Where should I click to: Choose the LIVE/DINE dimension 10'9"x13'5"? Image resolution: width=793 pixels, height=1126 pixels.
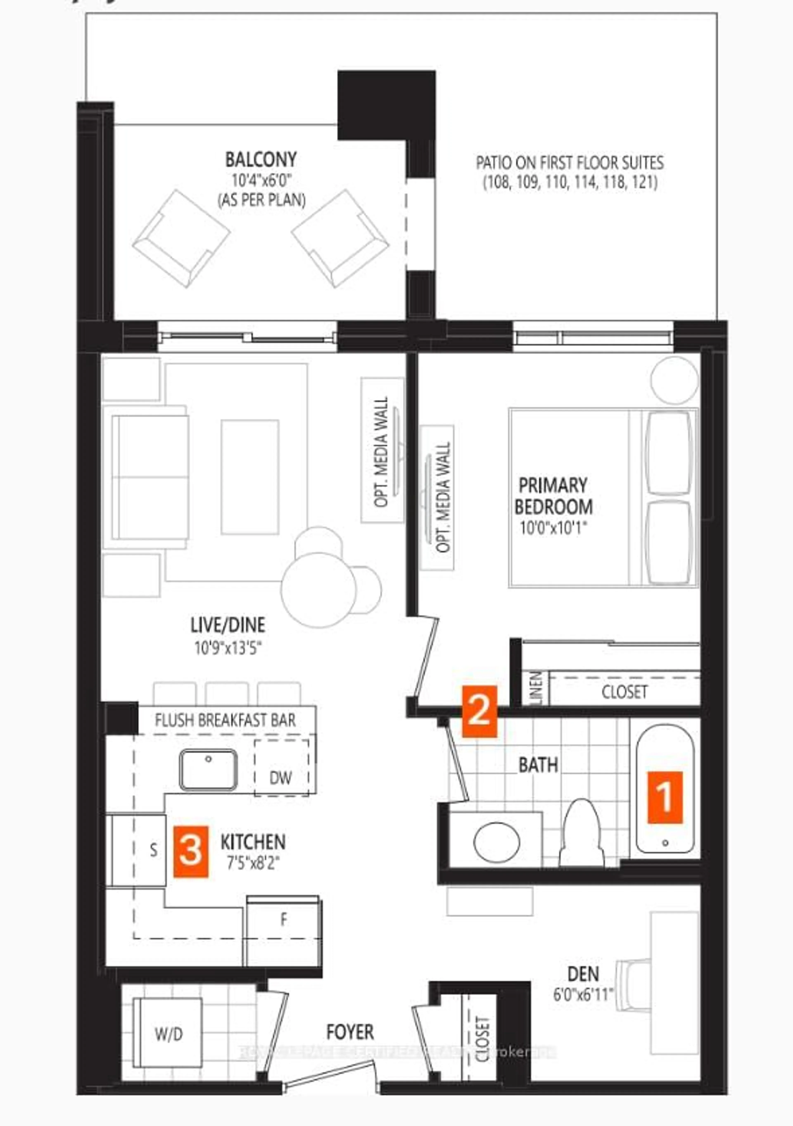tap(228, 648)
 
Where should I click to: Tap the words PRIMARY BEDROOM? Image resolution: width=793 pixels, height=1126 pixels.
tap(553, 496)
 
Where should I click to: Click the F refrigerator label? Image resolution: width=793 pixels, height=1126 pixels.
tap(284, 920)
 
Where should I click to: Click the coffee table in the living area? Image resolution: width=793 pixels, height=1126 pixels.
tap(250, 477)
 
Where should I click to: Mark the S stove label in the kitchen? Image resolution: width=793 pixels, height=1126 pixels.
tap(153, 850)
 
